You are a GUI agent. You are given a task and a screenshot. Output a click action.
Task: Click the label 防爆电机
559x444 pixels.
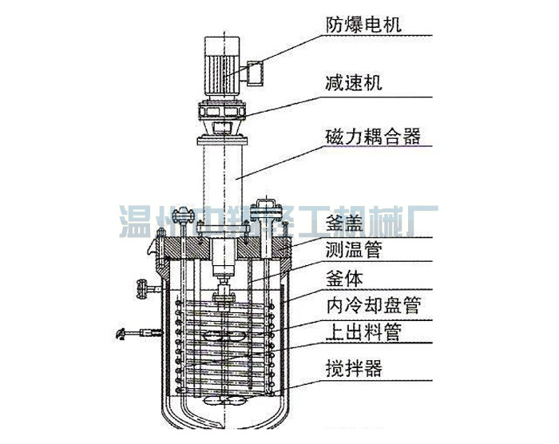363,24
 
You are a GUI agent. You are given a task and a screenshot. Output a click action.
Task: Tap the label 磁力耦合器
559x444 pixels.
372,136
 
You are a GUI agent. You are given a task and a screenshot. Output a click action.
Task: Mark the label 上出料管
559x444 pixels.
363,330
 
